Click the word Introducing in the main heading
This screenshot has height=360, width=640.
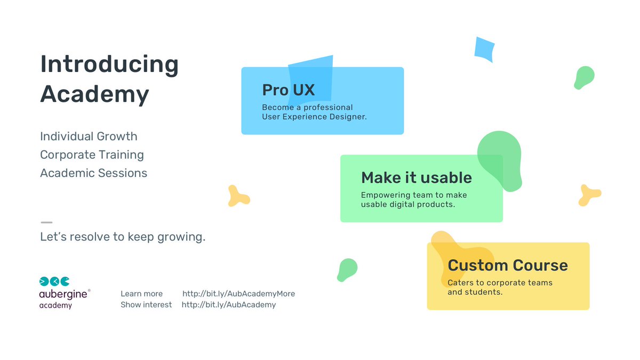109,65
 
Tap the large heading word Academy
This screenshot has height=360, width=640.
94,94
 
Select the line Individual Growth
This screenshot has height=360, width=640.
89,137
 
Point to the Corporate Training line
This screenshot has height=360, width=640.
92,155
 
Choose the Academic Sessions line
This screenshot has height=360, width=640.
93,173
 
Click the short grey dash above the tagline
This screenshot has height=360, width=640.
46,222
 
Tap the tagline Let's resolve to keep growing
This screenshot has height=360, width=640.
123,237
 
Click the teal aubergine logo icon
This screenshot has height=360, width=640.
54,281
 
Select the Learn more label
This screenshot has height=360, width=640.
141,294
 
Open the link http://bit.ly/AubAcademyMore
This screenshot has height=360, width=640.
238,294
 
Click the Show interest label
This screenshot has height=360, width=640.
146,305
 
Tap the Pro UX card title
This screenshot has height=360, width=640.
288,90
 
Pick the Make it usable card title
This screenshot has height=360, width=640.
416,178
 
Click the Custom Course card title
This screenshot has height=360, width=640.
507,265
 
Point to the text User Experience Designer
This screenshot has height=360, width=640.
314,117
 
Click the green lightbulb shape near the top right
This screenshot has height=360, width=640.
583,77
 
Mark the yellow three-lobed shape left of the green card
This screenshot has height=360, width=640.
238,196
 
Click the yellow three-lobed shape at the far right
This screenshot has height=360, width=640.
589,195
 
